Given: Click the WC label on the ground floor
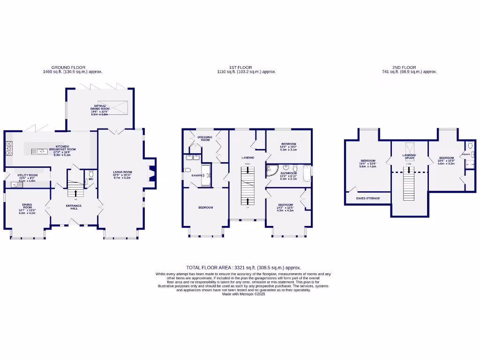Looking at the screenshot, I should coord(91,179).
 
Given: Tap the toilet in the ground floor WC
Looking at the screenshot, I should coord(91,173).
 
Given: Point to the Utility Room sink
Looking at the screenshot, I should coord(14,185).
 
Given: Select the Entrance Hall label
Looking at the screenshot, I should coord(74,207).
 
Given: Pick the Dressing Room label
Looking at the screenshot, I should coord(205,138).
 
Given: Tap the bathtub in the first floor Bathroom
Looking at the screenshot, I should coord(307,173).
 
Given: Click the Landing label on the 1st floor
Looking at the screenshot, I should coord(248,157).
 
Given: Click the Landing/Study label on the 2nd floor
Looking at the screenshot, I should coord(409,157).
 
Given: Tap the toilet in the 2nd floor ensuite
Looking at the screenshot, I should coord(470,145).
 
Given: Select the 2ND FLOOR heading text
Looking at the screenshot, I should coord(410,67).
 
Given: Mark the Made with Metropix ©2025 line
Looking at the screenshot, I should coord(243,294).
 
